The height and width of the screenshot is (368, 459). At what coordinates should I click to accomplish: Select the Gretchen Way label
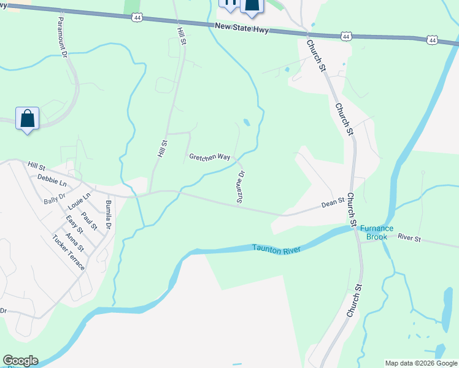pyautogui.click(x=210, y=157)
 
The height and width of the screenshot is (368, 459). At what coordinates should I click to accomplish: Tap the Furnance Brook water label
pyautogui.click(x=376, y=232)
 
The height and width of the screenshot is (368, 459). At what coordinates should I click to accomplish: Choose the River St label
pyautogui.click(x=409, y=237)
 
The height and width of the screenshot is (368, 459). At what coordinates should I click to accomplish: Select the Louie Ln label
pyautogui.click(x=80, y=201)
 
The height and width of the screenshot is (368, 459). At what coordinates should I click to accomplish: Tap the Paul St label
pyautogui.click(x=90, y=221)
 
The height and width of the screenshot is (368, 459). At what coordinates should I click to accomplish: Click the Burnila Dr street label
pyautogui.click(x=108, y=214)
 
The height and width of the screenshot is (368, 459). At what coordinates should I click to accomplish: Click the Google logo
pyautogui.click(x=20, y=361)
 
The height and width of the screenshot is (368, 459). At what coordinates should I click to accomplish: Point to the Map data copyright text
pyautogui.click(x=421, y=363)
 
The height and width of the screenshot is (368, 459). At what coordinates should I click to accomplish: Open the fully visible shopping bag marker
pyautogui.click(x=28, y=118)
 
